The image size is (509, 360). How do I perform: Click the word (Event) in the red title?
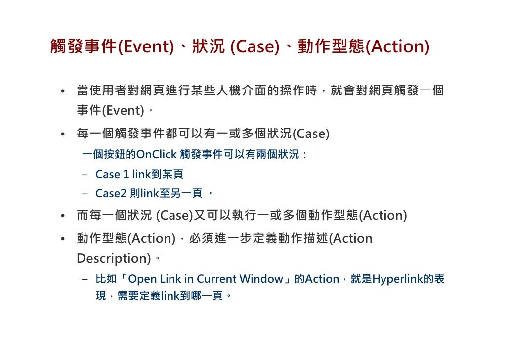point(145,47)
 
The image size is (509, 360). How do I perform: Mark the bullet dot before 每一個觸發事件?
point(63,135)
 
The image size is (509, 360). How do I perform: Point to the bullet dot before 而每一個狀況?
point(63,216)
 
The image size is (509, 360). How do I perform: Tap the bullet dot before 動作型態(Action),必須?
point(63,239)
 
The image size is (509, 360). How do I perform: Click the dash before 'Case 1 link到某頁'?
point(85,175)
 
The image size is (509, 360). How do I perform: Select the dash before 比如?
point(85,279)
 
